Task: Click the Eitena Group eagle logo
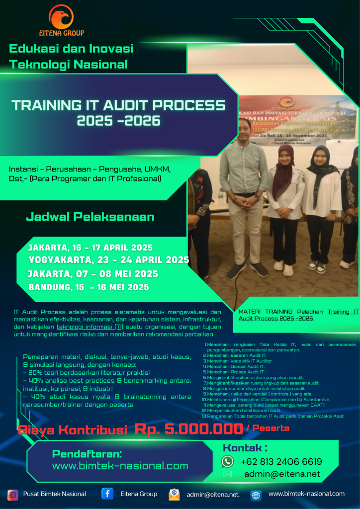(x=62, y=17)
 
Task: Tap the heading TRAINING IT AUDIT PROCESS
(x=118, y=105)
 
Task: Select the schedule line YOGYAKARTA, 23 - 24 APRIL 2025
(x=109, y=259)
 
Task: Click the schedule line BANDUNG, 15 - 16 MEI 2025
(x=89, y=287)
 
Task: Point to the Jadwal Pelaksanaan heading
(x=90, y=217)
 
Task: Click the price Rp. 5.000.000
(x=188, y=429)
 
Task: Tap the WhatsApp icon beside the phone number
(x=227, y=461)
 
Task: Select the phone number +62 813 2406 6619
(x=281, y=461)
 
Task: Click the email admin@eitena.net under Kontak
(x=282, y=474)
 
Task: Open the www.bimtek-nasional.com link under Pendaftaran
(x=120, y=466)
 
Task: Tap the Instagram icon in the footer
(x=13, y=495)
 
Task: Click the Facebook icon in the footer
(x=107, y=494)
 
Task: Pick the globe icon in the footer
(x=256, y=495)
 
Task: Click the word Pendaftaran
(x=87, y=454)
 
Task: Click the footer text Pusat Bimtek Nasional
(x=54, y=494)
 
